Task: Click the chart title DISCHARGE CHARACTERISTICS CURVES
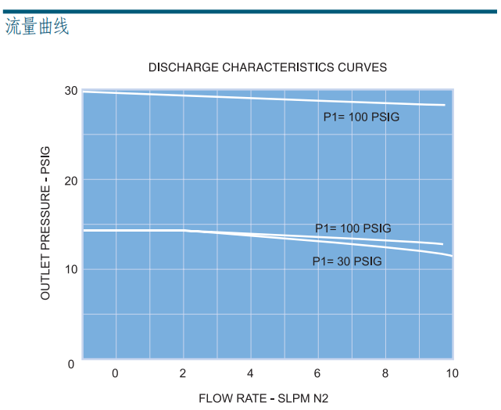[x=267, y=67]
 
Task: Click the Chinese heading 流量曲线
[x=37, y=27]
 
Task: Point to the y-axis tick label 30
[x=70, y=91]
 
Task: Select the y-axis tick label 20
[x=70, y=181]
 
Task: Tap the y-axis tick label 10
[x=70, y=270]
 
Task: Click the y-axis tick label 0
[x=70, y=364]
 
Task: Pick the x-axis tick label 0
[x=115, y=373]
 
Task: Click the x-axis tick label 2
[x=183, y=373]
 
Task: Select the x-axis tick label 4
[x=250, y=373]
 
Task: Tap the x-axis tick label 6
[x=317, y=373]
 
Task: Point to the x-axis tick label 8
[x=385, y=373]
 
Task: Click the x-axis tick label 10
[x=451, y=373]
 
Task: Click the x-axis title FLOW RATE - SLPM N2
[x=263, y=398]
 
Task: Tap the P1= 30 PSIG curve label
[x=347, y=261]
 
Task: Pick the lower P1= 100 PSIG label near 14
[x=352, y=228]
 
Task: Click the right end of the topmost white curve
[x=444, y=105]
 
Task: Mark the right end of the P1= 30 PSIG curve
[x=451, y=255]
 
